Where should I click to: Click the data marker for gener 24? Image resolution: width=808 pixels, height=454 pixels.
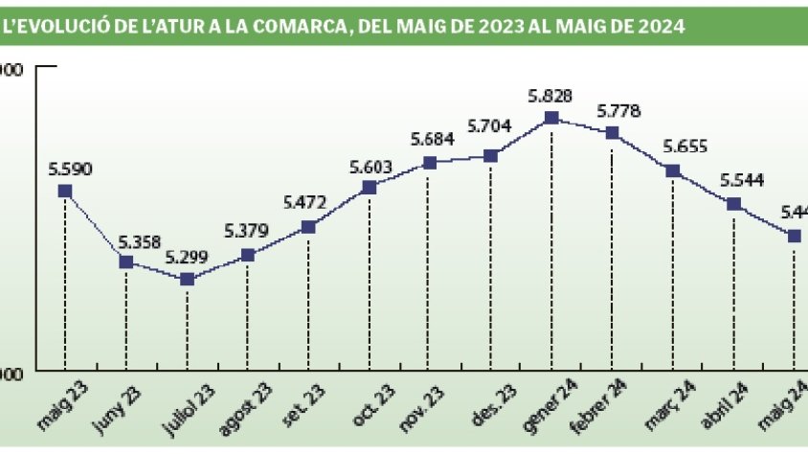tap(551, 118)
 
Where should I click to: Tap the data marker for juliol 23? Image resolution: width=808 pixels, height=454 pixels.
tap(187, 279)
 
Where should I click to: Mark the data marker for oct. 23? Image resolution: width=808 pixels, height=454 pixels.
tap(370, 187)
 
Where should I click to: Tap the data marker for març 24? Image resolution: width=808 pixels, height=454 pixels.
tap(673, 170)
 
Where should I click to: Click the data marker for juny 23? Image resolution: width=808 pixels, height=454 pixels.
tap(125, 261)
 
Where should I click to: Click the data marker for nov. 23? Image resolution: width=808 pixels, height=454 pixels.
tap(430, 163)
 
